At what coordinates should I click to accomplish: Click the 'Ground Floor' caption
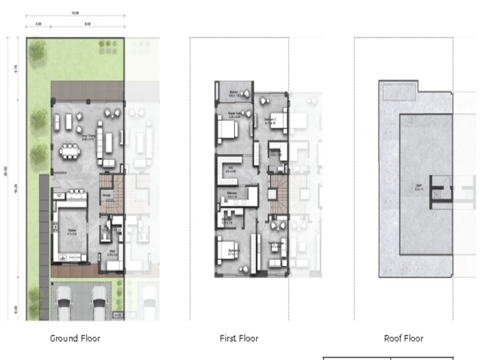click(75, 338)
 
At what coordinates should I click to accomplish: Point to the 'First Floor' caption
click(239, 338)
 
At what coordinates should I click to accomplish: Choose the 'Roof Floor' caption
click(404, 338)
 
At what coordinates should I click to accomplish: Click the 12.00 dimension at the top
click(75, 13)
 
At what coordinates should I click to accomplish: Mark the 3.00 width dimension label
click(38, 24)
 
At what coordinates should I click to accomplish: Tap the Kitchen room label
click(72, 231)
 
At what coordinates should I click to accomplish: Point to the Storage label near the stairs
click(106, 195)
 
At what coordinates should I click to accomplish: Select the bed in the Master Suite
click(227, 129)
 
